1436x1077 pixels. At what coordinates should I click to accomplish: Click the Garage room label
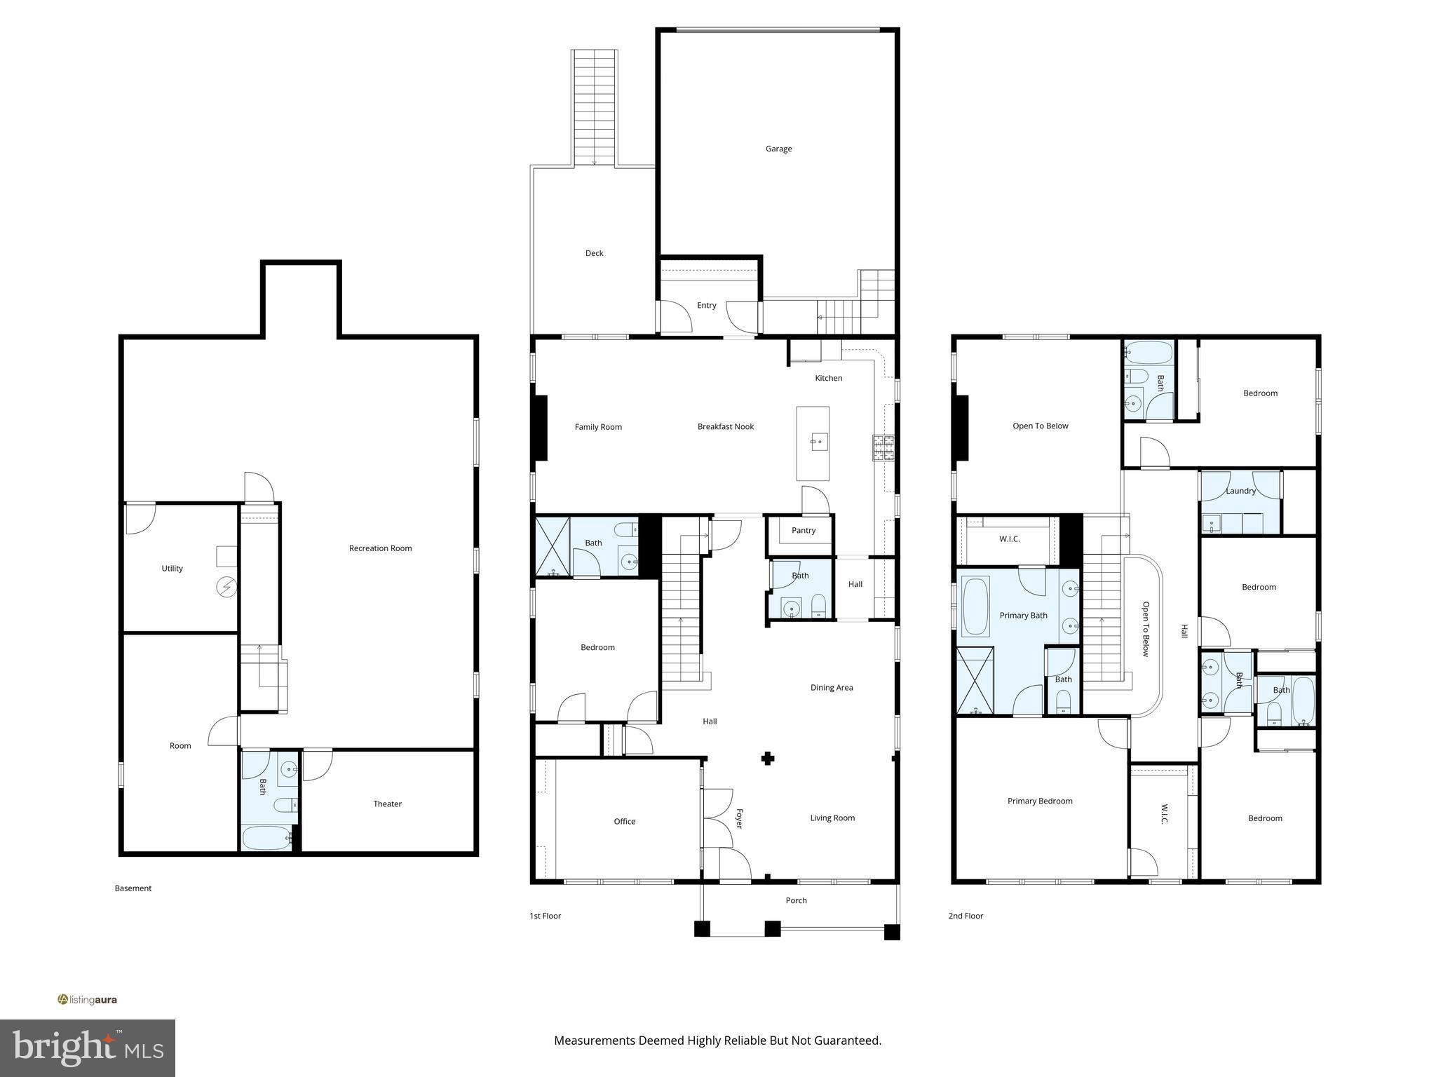778,149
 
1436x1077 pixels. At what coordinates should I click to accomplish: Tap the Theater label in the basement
387,804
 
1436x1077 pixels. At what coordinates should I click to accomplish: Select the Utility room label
172,569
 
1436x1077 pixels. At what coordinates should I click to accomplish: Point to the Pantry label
804,530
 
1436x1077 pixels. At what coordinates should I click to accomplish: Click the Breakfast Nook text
725,426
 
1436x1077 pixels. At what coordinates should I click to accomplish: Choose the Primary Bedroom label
1040,801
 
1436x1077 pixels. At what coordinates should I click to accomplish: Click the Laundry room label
1240,491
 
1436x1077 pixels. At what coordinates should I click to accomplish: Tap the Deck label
594,253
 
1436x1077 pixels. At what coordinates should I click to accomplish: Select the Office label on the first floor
624,821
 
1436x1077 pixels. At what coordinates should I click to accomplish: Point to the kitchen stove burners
883,447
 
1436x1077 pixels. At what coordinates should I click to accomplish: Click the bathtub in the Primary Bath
975,606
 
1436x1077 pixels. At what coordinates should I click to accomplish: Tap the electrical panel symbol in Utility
226,586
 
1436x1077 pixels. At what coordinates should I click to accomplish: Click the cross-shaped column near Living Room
768,758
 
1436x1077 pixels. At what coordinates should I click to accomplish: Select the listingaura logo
88,1000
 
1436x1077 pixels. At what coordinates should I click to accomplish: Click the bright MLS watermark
88,1048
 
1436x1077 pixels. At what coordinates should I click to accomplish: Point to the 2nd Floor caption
966,916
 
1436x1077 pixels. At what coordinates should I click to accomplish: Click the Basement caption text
133,888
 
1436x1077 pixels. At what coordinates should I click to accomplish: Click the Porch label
796,900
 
